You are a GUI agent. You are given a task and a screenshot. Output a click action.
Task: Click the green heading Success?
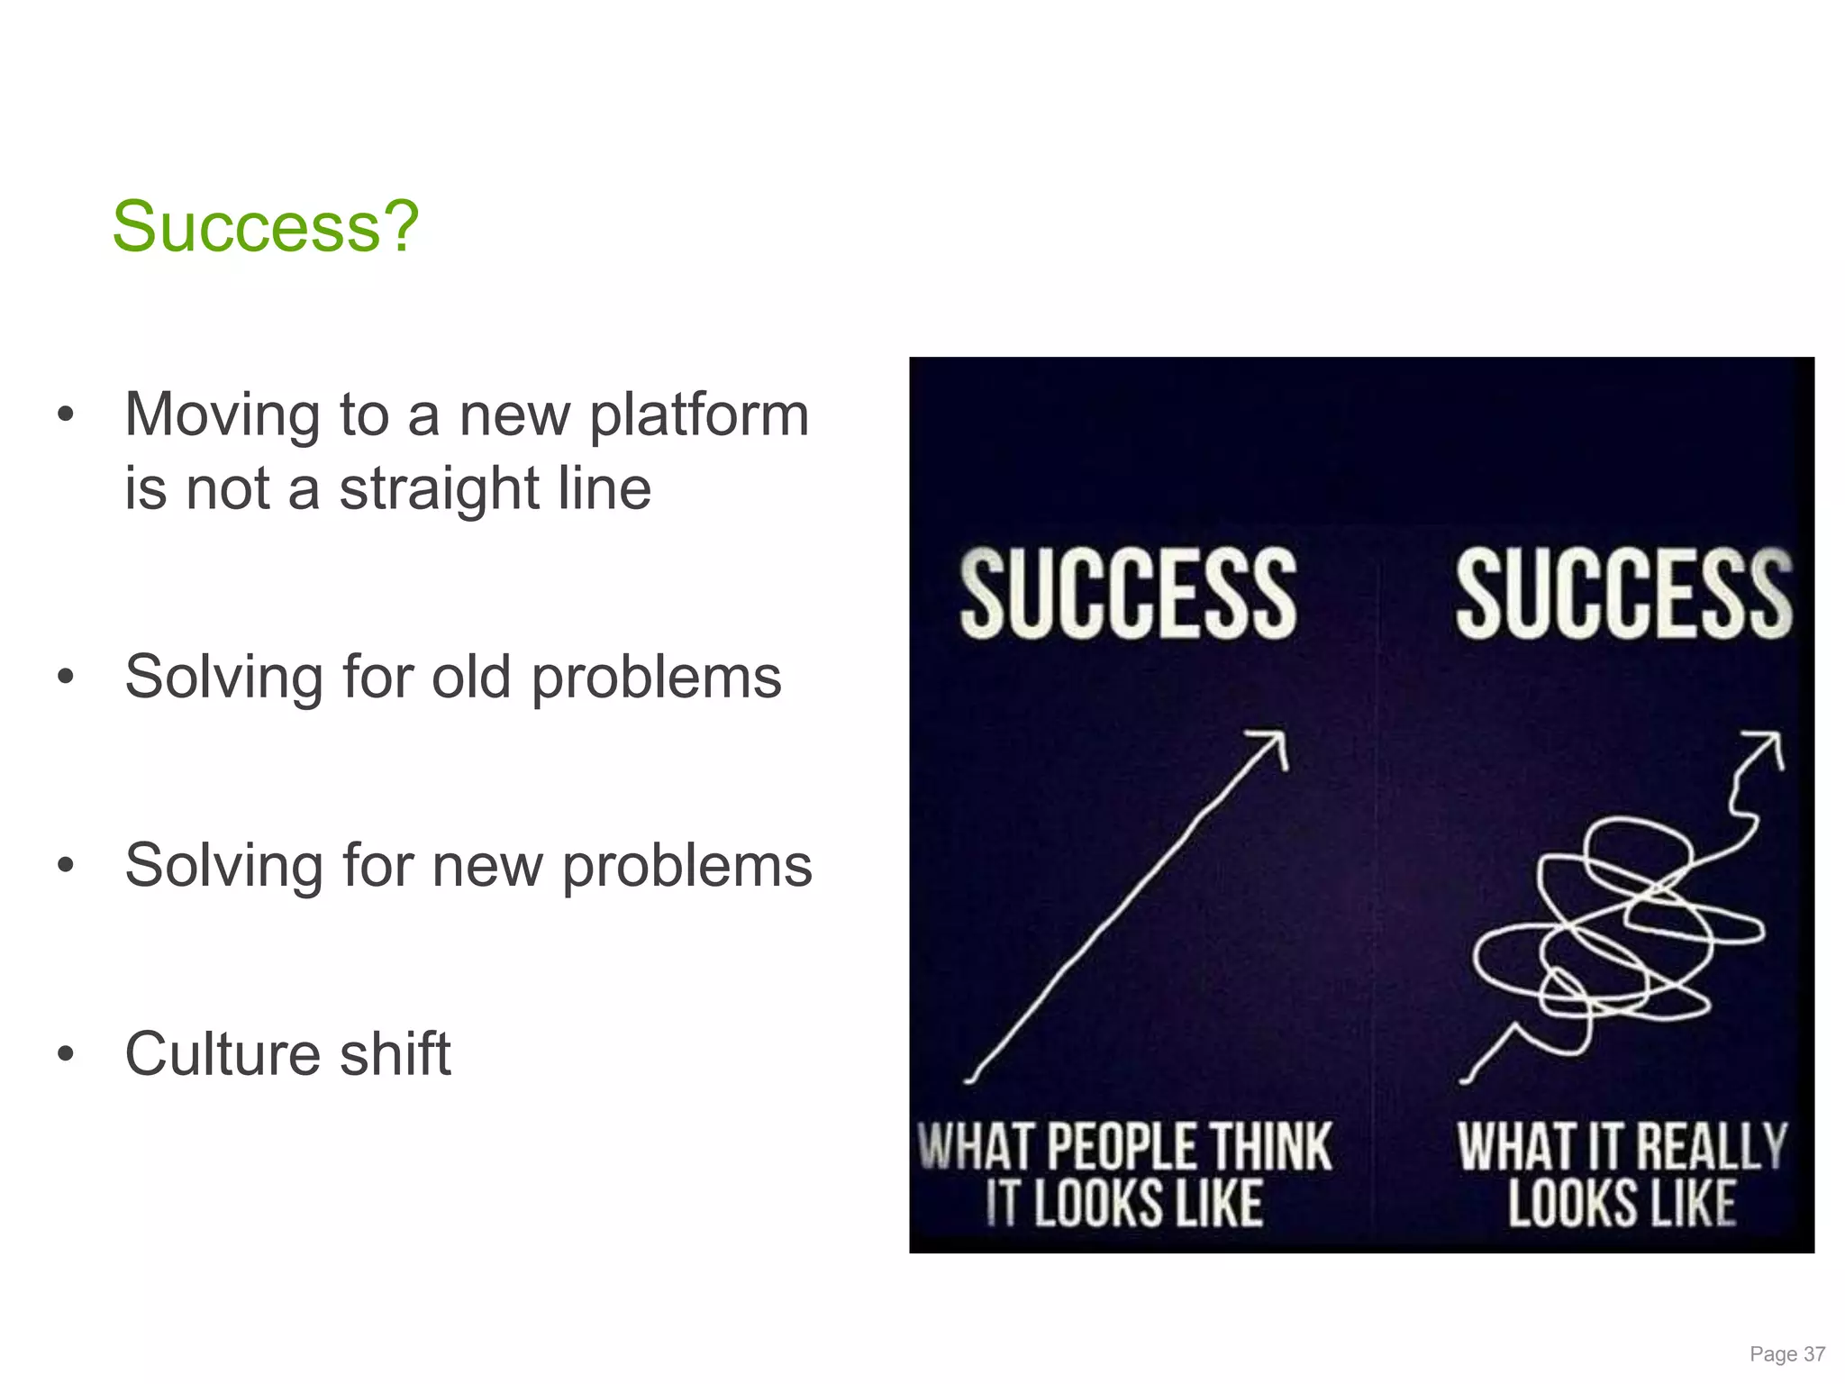tap(265, 226)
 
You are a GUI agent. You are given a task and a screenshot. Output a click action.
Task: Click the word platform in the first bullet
tap(699, 415)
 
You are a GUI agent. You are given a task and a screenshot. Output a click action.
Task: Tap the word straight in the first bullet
tap(439, 489)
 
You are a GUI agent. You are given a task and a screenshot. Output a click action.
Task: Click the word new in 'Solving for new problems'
tap(487, 866)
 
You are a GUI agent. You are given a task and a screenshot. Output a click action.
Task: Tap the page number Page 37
tap(1786, 1354)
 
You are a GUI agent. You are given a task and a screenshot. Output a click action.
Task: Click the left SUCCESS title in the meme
tap(1128, 595)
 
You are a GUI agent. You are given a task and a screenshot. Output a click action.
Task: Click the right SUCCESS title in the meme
tap(1623, 595)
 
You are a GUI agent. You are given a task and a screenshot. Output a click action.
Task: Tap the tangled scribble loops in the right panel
tap(1613, 937)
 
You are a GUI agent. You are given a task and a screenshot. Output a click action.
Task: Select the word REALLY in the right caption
tap(1710, 1147)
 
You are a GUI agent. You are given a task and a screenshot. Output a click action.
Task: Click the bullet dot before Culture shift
tap(65, 1054)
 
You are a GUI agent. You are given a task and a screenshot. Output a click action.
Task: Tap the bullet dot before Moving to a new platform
tap(65, 415)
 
